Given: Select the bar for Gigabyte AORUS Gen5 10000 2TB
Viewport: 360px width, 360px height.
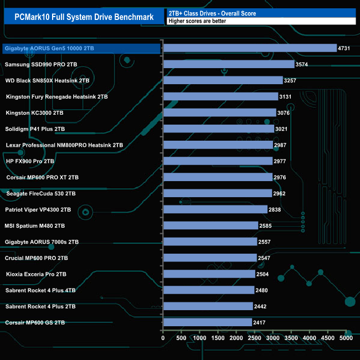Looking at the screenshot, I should click(x=250, y=48).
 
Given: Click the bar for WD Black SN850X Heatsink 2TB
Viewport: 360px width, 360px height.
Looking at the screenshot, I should click(x=223, y=80).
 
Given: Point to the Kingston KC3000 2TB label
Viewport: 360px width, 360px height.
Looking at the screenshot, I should click(x=34, y=113).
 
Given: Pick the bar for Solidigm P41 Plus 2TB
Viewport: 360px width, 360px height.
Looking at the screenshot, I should click(x=218, y=129).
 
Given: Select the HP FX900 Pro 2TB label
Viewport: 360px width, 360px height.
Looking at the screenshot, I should click(x=30, y=161).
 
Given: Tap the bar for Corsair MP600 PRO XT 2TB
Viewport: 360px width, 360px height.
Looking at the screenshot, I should click(x=217, y=177).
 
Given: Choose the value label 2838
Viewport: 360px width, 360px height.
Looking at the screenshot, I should click(x=276, y=210).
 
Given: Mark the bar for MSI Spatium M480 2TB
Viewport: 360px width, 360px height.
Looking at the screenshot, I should click(x=210, y=225).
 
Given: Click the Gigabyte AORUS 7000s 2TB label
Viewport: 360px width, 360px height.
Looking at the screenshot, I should click(x=42, y=242).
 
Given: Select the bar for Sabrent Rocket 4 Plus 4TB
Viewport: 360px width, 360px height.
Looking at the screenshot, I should click(x=208, y=290).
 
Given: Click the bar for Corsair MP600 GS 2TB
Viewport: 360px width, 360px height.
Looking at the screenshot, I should click(x=207, y=322).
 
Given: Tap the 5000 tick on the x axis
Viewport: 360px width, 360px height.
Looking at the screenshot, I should click(x=346, y=338).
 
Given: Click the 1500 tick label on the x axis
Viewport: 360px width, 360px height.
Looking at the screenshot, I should click(x=218, y=338).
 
